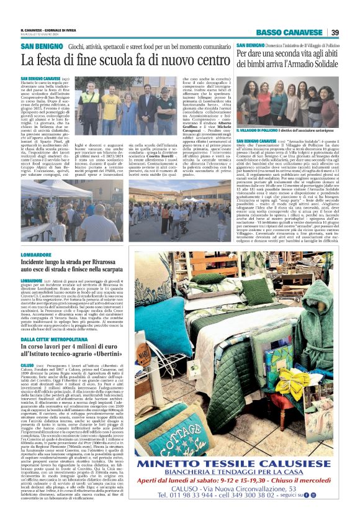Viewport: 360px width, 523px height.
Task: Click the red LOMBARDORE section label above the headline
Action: point(38,254)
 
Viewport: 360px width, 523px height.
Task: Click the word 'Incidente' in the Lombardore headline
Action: point(43,263)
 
